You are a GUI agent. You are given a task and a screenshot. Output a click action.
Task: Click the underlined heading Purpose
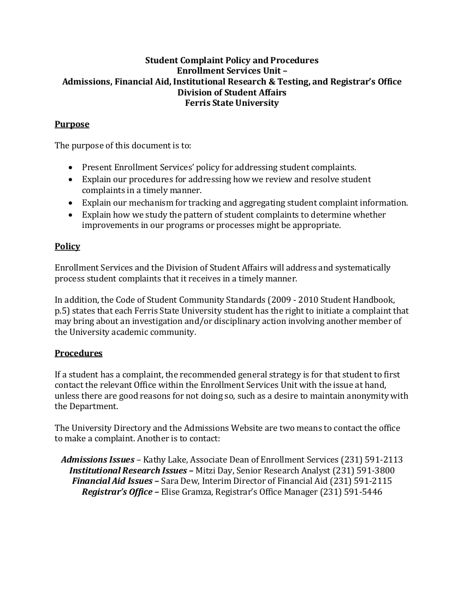coord(72,124)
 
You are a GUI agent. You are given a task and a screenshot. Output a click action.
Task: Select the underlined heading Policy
coord(67,247)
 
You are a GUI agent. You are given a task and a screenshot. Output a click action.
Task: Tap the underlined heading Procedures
coord(79,353)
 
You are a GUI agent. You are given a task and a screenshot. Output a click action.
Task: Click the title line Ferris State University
coord(232,103)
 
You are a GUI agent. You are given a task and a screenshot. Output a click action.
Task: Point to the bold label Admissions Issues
coord(98,460)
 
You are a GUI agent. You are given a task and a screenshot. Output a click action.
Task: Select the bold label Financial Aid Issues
coord(112,481)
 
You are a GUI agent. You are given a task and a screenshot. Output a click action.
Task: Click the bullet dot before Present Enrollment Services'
coord(71,167)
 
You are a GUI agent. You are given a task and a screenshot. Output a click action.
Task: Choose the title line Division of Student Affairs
coord(232,92)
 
